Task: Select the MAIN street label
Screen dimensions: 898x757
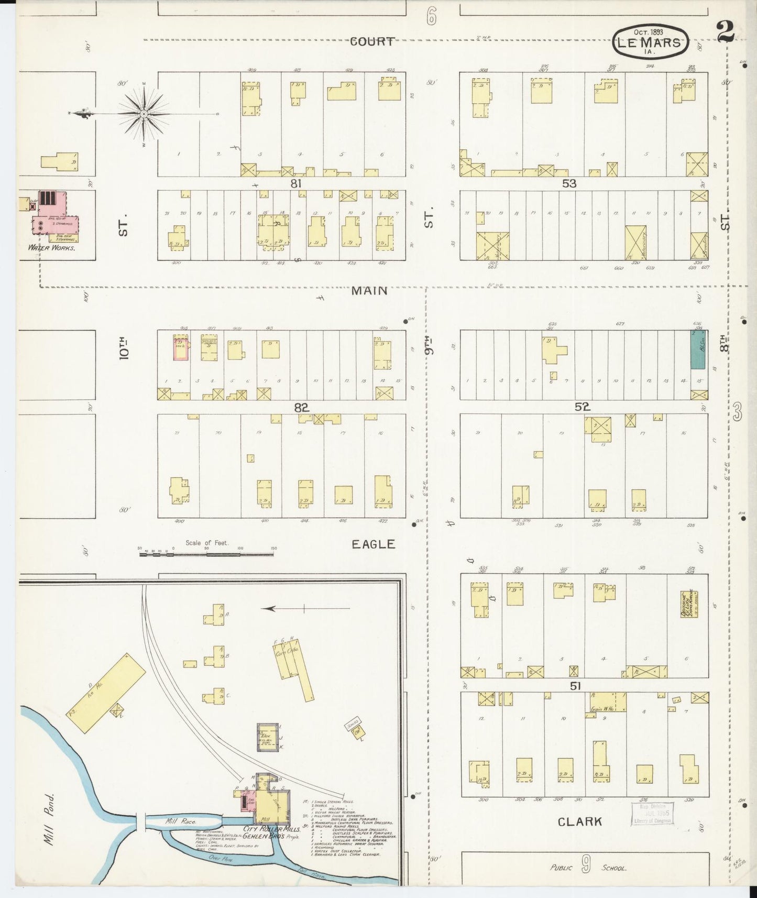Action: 369,290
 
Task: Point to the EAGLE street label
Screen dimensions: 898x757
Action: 373,544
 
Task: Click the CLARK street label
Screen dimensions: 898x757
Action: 579,822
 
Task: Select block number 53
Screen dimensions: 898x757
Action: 569,184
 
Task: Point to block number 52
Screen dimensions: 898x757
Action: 582,407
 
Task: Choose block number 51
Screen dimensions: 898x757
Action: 575,685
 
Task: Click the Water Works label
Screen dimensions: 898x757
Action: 52,248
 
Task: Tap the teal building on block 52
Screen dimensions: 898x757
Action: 697,349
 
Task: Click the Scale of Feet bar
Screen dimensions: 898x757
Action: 207,552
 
